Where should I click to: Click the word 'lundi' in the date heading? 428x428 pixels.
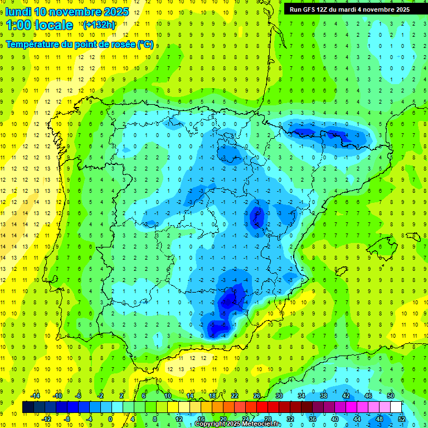[18, 12]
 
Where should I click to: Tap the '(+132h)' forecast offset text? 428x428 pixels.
[99, 25]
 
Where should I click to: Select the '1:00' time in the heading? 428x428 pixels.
[18, 25]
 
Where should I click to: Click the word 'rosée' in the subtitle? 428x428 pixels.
[122, 45]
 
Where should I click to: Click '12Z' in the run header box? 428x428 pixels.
[326, 9]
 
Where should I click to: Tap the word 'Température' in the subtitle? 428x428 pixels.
[33, 45]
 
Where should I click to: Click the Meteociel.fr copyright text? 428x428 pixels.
[238, 424]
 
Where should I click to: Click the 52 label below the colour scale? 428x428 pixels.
[402, 419]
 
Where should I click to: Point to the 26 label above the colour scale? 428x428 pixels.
[257, 396]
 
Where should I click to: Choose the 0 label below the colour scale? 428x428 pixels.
[111, 419]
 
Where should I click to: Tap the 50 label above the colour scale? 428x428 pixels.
[391, 396]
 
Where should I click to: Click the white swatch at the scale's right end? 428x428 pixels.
[396, 407]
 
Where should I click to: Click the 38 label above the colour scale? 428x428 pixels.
[324, 396]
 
